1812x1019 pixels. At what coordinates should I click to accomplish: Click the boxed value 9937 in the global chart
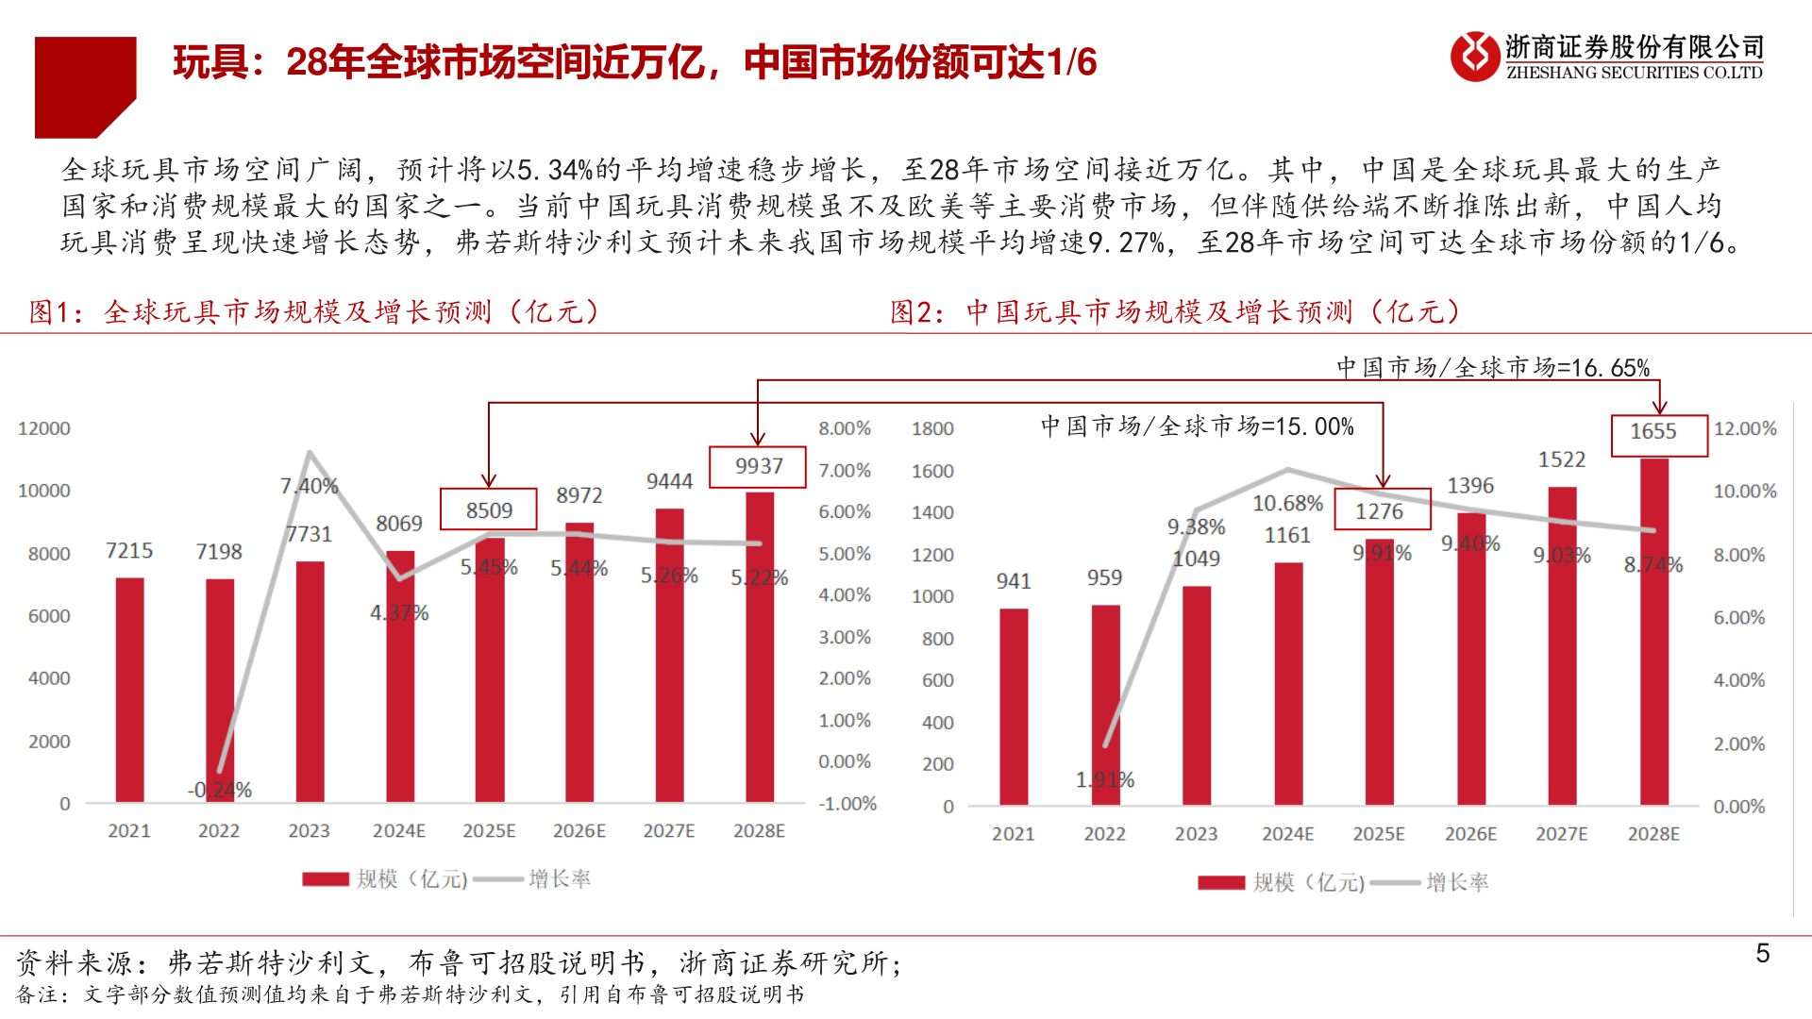758,466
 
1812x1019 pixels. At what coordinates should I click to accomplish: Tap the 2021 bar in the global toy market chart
129,689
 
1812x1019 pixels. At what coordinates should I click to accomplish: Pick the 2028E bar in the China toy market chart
1653,632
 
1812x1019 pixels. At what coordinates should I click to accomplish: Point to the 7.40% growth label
309,486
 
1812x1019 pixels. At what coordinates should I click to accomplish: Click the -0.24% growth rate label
220,790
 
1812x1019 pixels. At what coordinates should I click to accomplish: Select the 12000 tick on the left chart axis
44,428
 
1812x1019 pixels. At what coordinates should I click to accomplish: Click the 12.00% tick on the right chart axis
1744,428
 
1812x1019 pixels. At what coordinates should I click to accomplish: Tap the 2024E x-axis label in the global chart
398,831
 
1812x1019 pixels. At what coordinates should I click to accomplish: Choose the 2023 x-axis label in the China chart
1196,834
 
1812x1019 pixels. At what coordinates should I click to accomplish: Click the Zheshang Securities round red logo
1474,57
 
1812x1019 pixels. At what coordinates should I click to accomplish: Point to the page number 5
1762,954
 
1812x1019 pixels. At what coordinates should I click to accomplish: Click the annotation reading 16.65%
1493,367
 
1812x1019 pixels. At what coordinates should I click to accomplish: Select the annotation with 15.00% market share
1197,426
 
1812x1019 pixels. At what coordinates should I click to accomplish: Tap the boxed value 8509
489,510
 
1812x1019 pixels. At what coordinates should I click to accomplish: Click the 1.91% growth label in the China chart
1105,780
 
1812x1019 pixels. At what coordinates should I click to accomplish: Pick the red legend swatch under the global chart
326,879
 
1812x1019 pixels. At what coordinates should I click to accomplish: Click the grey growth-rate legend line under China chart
1395,883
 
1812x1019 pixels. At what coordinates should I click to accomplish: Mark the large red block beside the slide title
85,87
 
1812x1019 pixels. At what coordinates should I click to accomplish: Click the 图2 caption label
916,312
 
